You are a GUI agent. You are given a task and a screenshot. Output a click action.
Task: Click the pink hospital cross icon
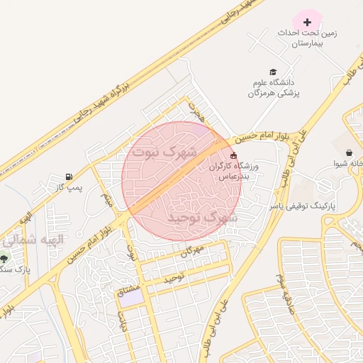coord(307,22)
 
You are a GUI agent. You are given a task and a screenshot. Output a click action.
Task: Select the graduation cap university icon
coord(273,72)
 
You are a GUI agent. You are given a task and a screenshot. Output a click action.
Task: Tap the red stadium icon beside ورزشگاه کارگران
coord(234,156)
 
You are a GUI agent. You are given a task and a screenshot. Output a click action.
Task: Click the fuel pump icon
coord(69,176)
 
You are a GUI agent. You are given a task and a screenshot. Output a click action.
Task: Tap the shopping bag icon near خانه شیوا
coord(349,152)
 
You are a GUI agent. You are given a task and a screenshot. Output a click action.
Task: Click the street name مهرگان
coord(192,250)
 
